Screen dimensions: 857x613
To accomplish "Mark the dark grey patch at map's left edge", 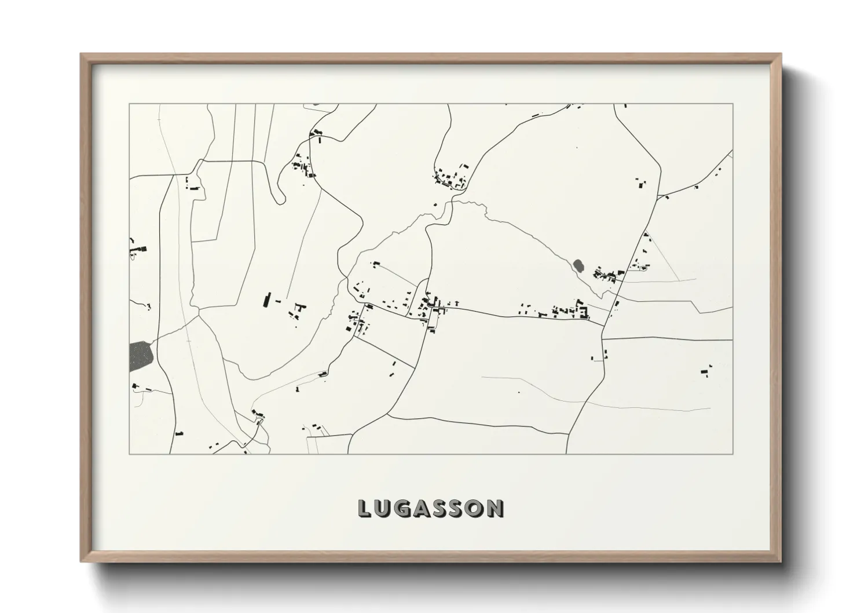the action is [x=140, y=356].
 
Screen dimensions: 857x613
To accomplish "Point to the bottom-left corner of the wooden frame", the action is [x=81, y=561].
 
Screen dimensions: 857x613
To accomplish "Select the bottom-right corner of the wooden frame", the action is [x=781, y=561].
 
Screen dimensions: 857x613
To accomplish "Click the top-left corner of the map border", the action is [x=129, y=104].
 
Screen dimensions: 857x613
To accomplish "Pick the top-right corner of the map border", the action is [x=733, y=104].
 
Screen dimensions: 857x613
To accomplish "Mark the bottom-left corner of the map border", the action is [x=129, y=454].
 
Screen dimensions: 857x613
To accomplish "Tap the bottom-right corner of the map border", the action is [x=733, y=454].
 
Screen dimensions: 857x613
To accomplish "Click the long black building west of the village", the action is [x=267, y=300].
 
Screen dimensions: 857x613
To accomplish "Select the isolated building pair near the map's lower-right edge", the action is [x=705, y=371].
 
